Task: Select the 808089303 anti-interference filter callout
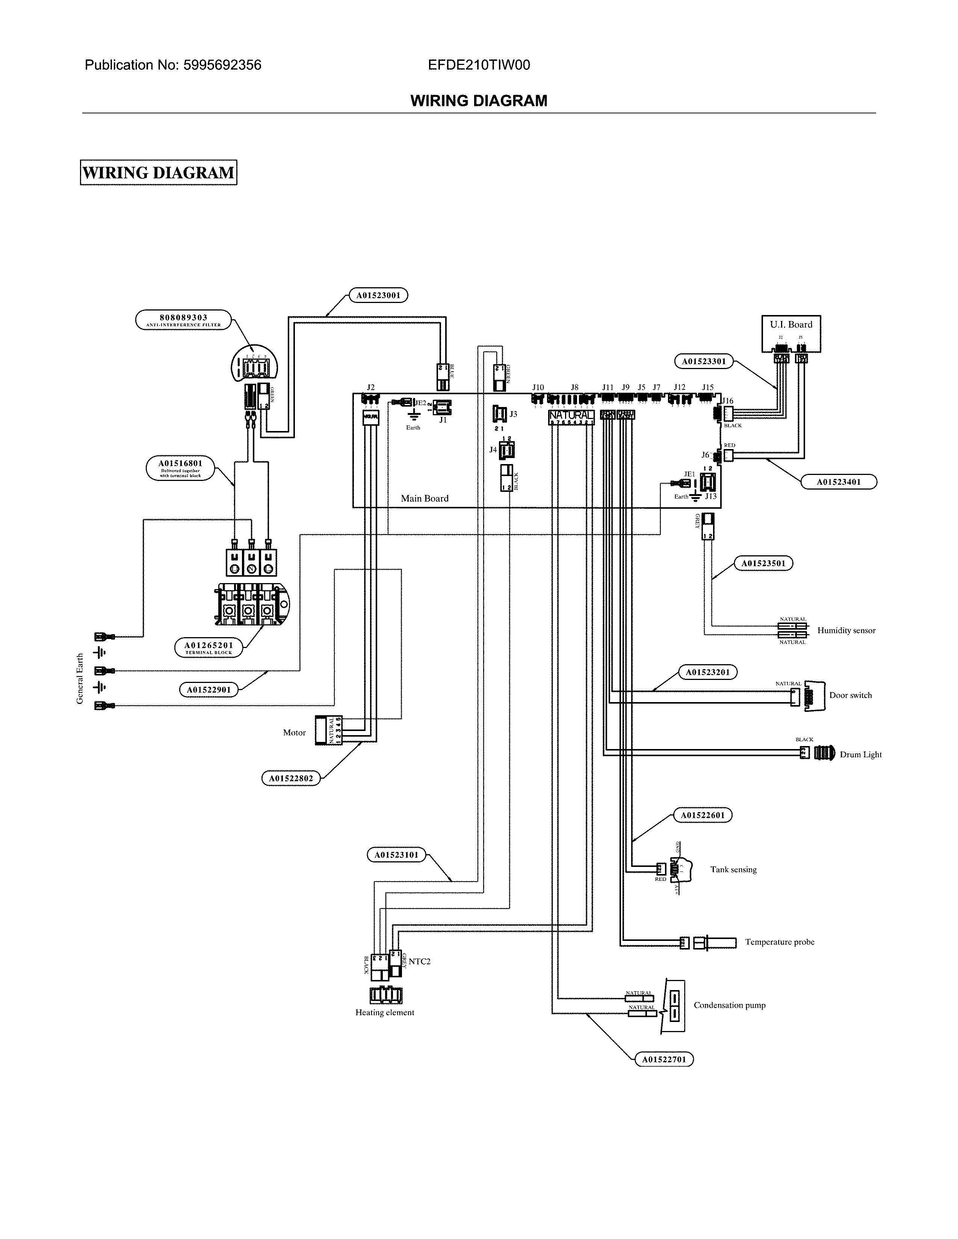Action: pyautogui.click(x=183, y=320)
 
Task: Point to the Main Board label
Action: pyautogui.click(x=425, y=499)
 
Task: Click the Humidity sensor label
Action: pyautogui.click(x=846, y=630)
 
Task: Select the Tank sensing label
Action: pyautogui.click(x=733, y=869)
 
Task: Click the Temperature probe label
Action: pyautogui.click(x=779, y=942)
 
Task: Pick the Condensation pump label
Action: pyautogui.click(x=729, y=1005)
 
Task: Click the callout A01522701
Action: pyautogui.click(x=664, y=1059)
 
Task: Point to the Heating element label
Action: pyautogui.click(x=385, y=1012)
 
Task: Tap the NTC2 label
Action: pyautogui.click(x=419, y=961)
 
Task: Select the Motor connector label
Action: pyautogui.click(x=295, y=733)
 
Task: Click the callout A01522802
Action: pyautogui.click(x=290, y=778)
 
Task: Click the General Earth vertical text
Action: pyautogui.click(x=80, y=678)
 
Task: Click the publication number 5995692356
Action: pyautogui.click(x=222, y=65)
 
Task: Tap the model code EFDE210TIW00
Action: pyautogui.click(x=479, y=65)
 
